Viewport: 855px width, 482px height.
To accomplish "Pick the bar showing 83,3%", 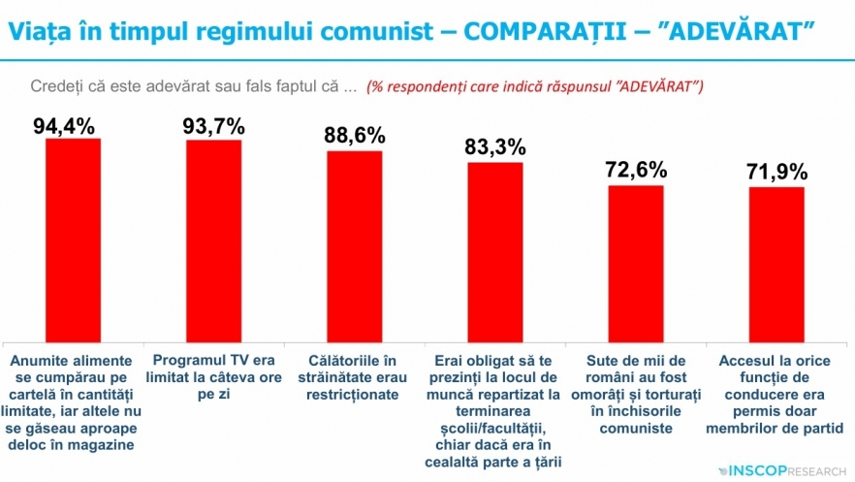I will pyautogui.click(x=495, y=251).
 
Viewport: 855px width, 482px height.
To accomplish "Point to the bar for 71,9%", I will pyautogui.click(x=776, y=264).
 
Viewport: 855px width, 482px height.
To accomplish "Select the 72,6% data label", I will pyautogui.click(x=636, y=170).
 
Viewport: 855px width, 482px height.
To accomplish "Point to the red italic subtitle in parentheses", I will pyautogui.click(x=535, y=85).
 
